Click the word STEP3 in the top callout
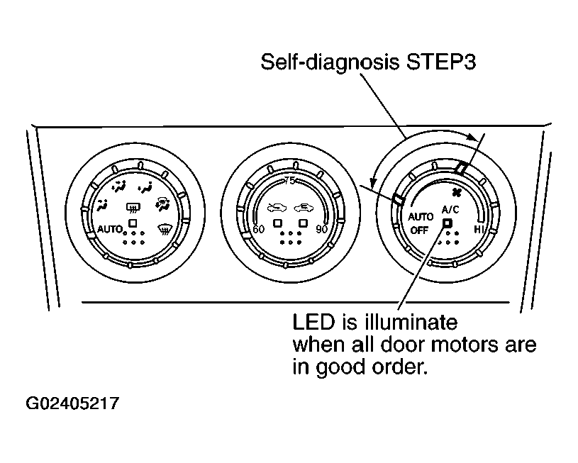440,62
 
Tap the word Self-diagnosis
330,62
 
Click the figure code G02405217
72,403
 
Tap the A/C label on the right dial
450,210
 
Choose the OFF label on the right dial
419,230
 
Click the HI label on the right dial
479,229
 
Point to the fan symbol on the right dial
456,192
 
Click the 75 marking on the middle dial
290,181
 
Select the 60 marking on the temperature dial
258,229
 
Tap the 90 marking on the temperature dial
322,229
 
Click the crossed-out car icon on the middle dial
277,208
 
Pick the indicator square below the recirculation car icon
303,223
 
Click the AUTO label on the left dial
110,229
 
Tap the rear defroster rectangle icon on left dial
133,208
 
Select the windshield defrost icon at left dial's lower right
165,229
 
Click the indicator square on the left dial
133,223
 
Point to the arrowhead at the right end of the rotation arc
473,137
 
